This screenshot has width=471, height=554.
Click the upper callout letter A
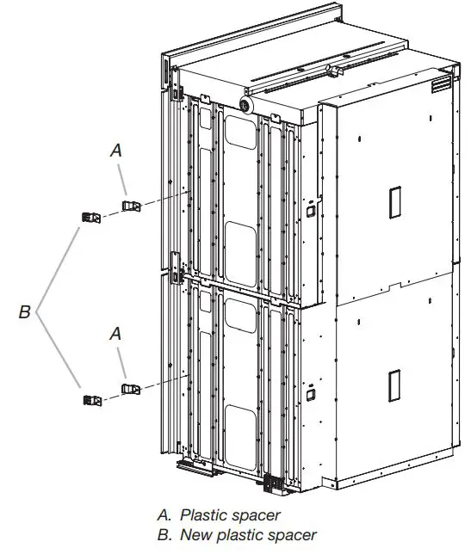point(116,150)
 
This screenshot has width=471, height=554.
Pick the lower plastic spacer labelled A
point(131,390)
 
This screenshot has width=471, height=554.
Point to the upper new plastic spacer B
point(92,217)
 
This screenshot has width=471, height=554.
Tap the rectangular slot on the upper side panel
point(394,201)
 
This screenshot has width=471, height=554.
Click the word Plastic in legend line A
point(203,515)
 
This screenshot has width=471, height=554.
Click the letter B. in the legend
point(164,535)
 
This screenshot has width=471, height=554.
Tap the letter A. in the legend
point(164,515)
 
